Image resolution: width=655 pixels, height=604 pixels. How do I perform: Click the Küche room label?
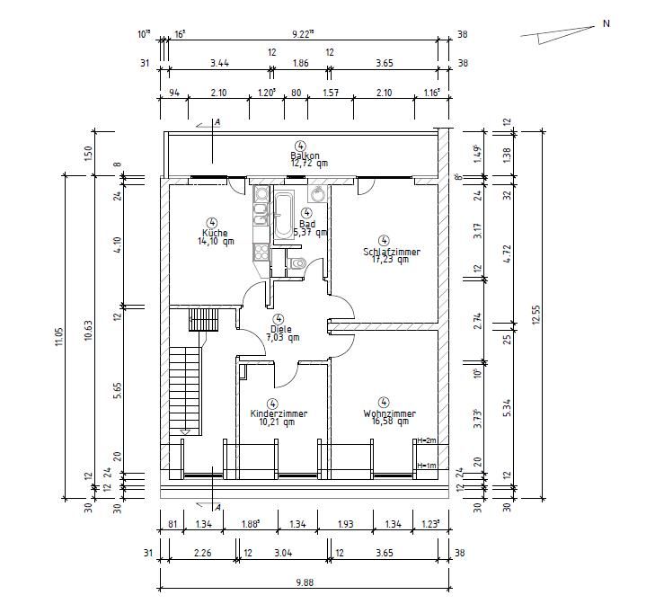(212, 233)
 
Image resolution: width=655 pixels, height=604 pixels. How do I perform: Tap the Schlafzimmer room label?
(391, 252)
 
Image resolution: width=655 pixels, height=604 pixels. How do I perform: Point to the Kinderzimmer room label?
(279, 413)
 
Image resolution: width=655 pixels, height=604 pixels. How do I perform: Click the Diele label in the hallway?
(279, 329)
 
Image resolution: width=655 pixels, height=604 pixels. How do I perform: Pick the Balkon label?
(304, 155)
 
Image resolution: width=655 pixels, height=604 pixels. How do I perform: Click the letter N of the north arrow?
(606, 24)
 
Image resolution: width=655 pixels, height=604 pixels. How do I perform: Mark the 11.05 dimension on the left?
(58, 336)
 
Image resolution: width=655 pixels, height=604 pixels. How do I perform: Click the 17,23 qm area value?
(389, 260)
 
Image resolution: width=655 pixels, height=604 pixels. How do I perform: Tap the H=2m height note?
(426, 440)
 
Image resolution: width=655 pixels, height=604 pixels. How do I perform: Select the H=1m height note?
(426, 466)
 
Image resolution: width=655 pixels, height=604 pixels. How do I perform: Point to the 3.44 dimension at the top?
(218, 63)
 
